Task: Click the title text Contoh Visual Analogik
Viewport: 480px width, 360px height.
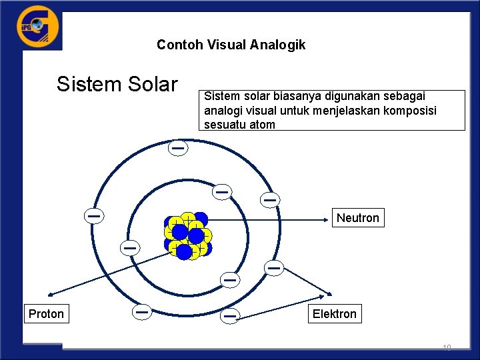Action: click(x=231, y=45)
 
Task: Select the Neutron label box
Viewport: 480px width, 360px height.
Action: click(x=357, y=217)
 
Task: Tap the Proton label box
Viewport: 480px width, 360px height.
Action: click(x=46, y=314)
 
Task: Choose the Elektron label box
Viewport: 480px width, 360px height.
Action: click(x=334, y=314)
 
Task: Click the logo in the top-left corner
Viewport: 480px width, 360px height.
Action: click(x=37, y=27)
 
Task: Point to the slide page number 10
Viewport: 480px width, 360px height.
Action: click(x=447, y=347)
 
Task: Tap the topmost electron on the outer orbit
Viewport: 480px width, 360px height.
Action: click(x=177, y=147)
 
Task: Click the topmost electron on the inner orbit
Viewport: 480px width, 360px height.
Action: click(x=222, y=191)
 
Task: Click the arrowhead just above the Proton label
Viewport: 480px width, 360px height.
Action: click(x=51, y=293)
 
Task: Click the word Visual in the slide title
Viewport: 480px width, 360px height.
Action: click(x=225, y=45)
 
